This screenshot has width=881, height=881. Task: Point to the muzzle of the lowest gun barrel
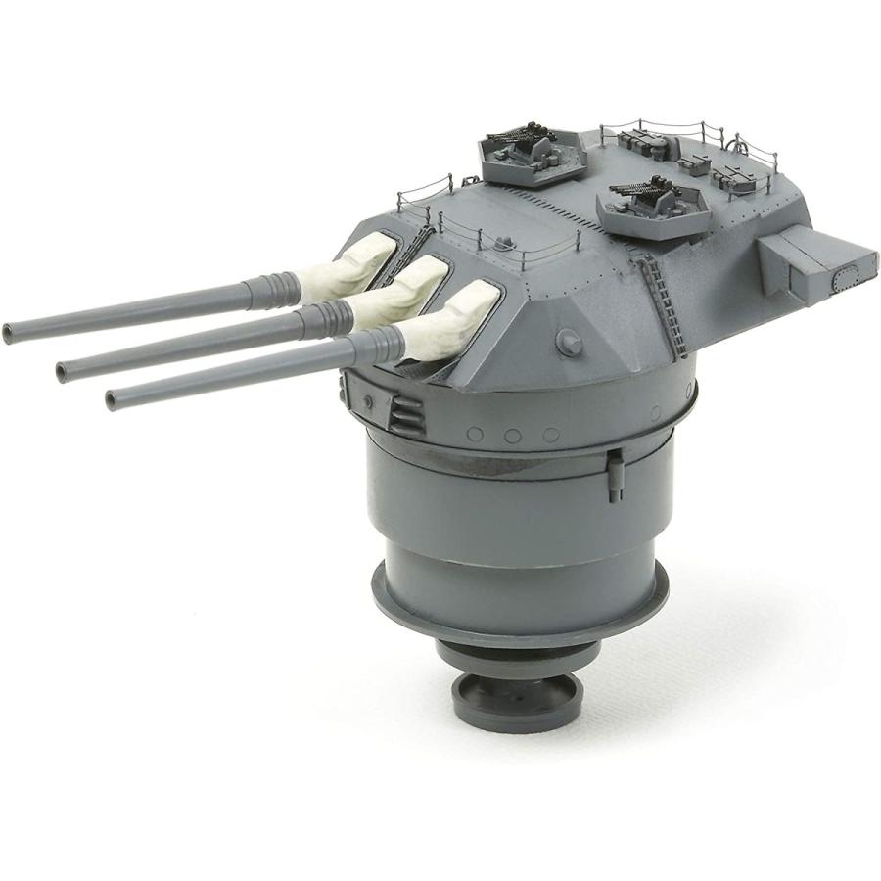[x=113, y=397]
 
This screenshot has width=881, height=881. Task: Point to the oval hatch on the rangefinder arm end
[x=840, y=285]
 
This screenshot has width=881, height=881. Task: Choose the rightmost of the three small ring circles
[x=551, y=434]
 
